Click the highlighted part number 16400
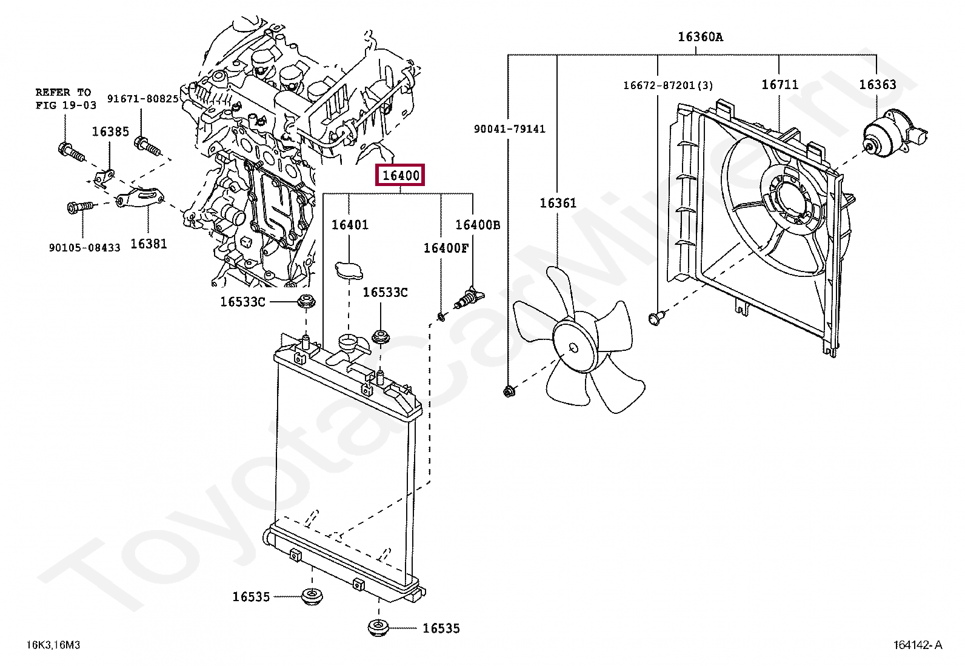pyautogui.click(x=401, y=176)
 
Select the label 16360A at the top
pyautogui.click(x=700, y=37)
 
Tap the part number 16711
pyautogui.click(x=780, y=84)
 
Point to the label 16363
pyautogui.click(x=877, y=84)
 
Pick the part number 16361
pyautogui.click(x=558, y=203)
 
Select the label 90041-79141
pyautogui.click(x=509, y=129)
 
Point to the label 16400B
pyautogui.click(x=478, y=225)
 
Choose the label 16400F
pyautogui.click(x=446, y=248)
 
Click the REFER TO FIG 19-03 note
pyautogui.click(x=65, y=99)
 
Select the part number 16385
pyautogui.click(x=110, y=132)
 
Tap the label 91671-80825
pyautogui.click(x=143, y=99)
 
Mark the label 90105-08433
pyautogui.click(x=84, y=247)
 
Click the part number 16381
pyautogui.click(x=149, y=244)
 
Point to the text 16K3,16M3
pyautogui.click(x=53, y=645)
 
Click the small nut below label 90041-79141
pyautogui.click(x=509, y=391)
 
